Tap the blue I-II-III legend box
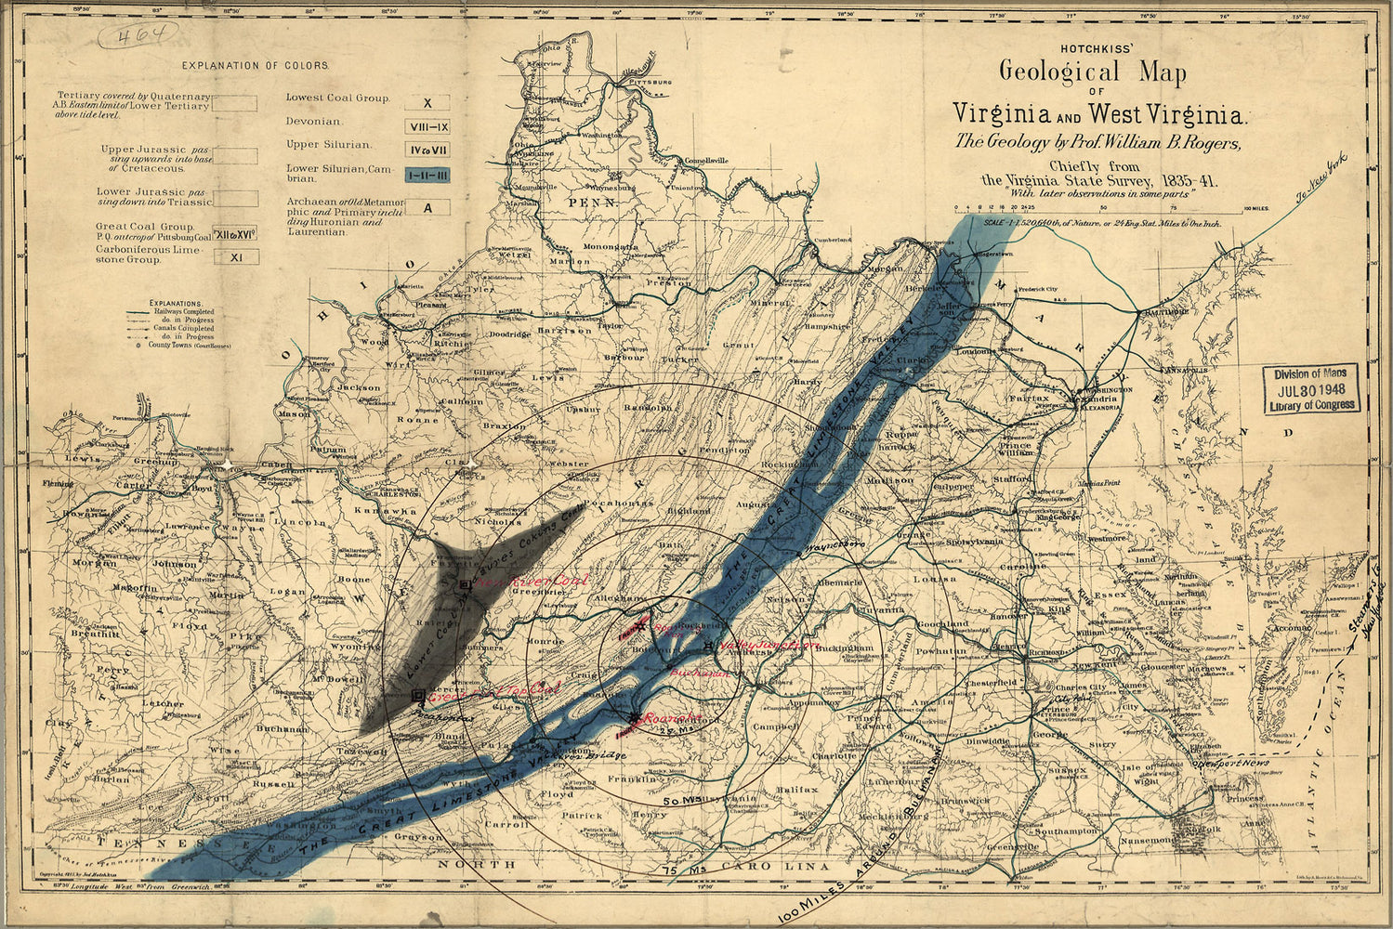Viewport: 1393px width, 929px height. tap(427, 174)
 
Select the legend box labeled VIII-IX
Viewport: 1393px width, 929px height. tap(427, 127)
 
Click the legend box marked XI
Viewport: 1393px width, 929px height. tap(236, 257)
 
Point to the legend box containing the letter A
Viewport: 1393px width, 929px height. tap(427, 208)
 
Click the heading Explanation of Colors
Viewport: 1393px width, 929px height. tap(256, 66)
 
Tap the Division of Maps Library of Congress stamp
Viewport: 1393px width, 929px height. tap(1311, 388)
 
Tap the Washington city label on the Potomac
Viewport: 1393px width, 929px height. tap(1103, 390)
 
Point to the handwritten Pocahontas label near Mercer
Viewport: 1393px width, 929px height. tap(446, 717)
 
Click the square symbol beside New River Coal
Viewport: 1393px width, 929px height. tap(465, 583)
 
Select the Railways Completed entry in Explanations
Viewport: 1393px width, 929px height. tap(185, 312)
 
